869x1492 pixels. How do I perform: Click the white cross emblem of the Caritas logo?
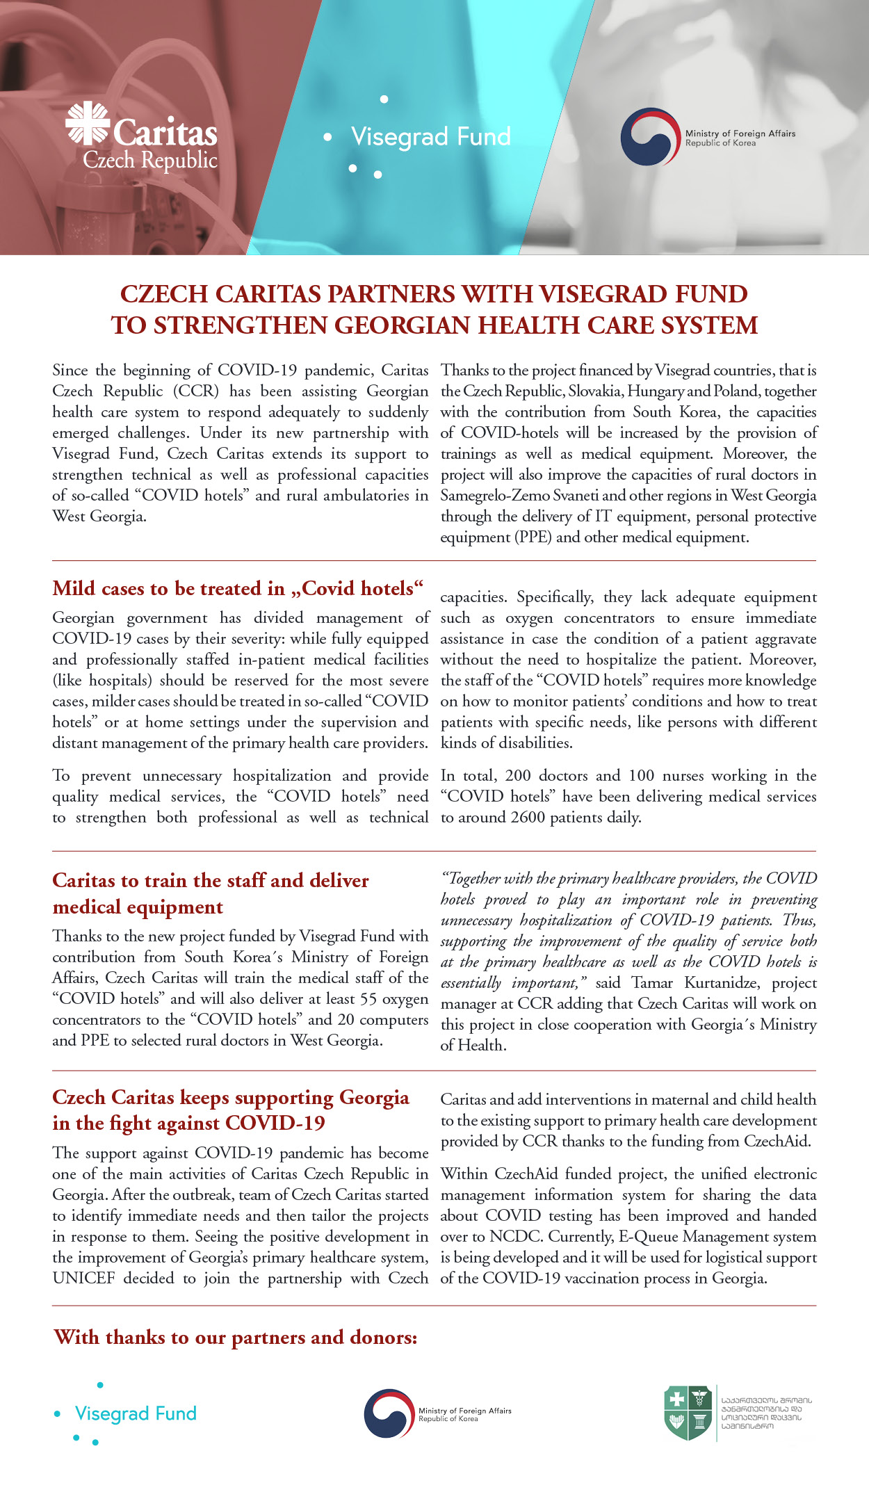tap(87, 123)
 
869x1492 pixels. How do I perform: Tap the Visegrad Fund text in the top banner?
tap(431, 136)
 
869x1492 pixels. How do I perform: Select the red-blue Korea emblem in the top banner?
tap(650, 136)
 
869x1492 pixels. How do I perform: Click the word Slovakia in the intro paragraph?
tap(594, 391)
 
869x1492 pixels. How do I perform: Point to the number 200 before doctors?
tap(518, 776)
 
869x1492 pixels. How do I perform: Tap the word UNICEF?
tap(83, 1279)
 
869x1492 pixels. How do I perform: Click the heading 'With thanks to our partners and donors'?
tap(236, 1338)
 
